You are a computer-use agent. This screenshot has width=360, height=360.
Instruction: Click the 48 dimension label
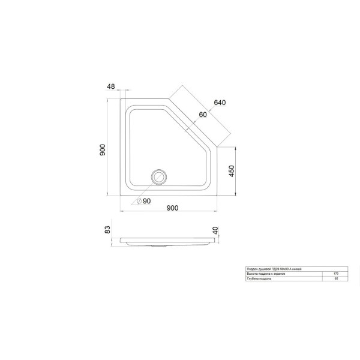pyautogui.click(x=111, y=86)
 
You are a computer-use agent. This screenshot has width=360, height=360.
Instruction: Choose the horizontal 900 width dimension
pyautogui.click(x=172, y=208)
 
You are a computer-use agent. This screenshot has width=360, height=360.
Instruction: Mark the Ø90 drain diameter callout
pyautogui.click(x=145, y=200)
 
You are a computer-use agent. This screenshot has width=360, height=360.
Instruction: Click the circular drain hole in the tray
pyautogui.click(x=159, y=177)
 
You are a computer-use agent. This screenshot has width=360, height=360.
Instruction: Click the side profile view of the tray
pyautogui.click(x=168, y=241)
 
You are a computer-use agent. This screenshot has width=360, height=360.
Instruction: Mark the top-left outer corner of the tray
pyautogui.click(x=121, y=100)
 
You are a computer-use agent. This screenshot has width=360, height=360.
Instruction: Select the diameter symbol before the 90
pyautogui.click(x=139, y=200)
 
